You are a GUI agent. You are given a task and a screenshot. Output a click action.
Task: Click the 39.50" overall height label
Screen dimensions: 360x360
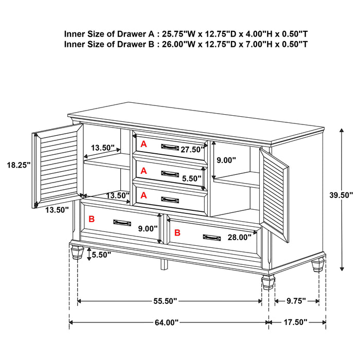[x=341, y=195]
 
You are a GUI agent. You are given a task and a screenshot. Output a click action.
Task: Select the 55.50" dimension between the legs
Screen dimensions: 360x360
[x=164, y=301]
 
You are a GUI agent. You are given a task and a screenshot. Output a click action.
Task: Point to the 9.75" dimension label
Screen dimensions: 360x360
[x=296, y=301]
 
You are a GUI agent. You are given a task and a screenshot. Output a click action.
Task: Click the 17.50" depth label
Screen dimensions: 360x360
[x=296, y=322]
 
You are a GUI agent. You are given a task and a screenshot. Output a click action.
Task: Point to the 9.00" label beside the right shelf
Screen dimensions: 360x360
[x=226, y=160]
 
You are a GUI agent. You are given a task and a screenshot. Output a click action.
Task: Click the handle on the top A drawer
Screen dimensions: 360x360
[x=169, y=147]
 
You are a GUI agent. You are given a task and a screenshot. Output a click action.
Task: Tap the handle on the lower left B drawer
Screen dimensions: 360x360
[x=121, y=222]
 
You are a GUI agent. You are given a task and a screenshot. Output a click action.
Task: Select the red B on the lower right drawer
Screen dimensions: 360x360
[x=177, y=232]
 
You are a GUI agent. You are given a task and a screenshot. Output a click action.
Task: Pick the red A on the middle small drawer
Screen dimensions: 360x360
[x=144, y=170]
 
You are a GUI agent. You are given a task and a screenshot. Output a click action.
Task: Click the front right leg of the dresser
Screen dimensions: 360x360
[x=268, y=283]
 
